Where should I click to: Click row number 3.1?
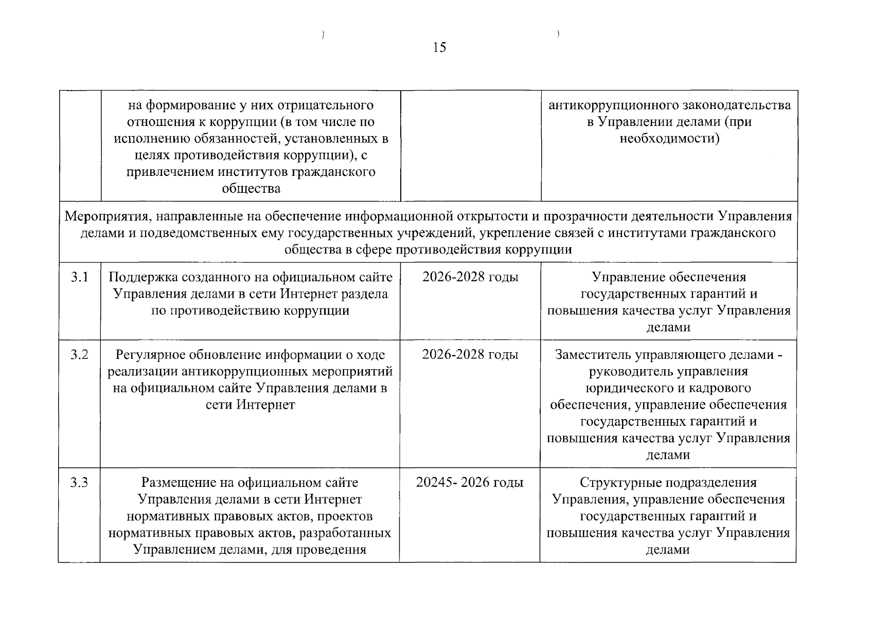pyautogui.click(x=79, y=278)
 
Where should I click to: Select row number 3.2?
pyautogui.click(x=79, y=355)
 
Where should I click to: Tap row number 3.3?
pyautogui.click(x=79, y=483)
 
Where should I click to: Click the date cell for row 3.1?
pyautogui.click(x=470, y=278)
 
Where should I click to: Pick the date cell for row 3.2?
pyautogui.click(x=470, y=355)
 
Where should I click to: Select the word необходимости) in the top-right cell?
pyautogui.click(x=669, y=139)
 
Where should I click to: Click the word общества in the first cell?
pyautogui.click(x=251, y=189)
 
